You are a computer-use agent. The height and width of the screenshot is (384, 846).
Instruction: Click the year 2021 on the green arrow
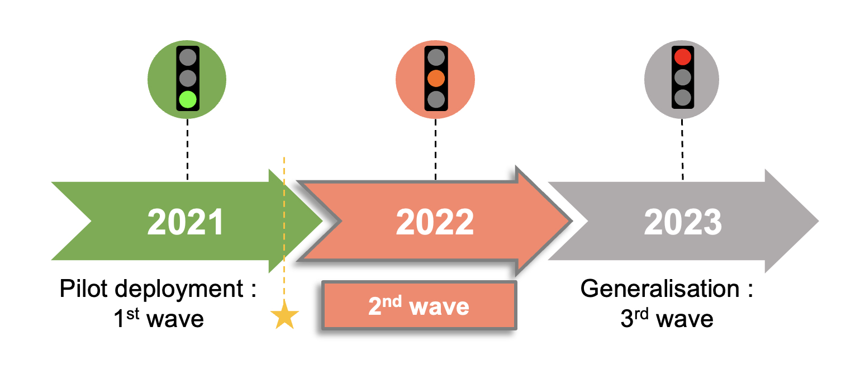[x=186, y=222]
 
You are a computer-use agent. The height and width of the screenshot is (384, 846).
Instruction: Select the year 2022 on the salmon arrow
[x=435, y=222]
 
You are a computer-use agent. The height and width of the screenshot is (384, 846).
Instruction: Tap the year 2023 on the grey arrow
[x=682, y=222]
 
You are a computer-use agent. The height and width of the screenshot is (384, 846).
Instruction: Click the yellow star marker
[x=284, y=316]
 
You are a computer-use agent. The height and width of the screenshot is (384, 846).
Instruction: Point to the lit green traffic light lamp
[x=188, y=100]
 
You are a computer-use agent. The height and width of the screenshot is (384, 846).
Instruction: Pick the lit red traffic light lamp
[x=682, y=57]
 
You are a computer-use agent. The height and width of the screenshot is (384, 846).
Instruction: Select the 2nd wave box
[x=419, y=306]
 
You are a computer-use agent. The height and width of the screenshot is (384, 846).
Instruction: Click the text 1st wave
[x=158, y=319]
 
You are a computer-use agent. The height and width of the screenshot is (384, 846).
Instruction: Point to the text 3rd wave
[x=667, y=319]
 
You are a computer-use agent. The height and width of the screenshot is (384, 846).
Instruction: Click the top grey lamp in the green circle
[x=188, y=57]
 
